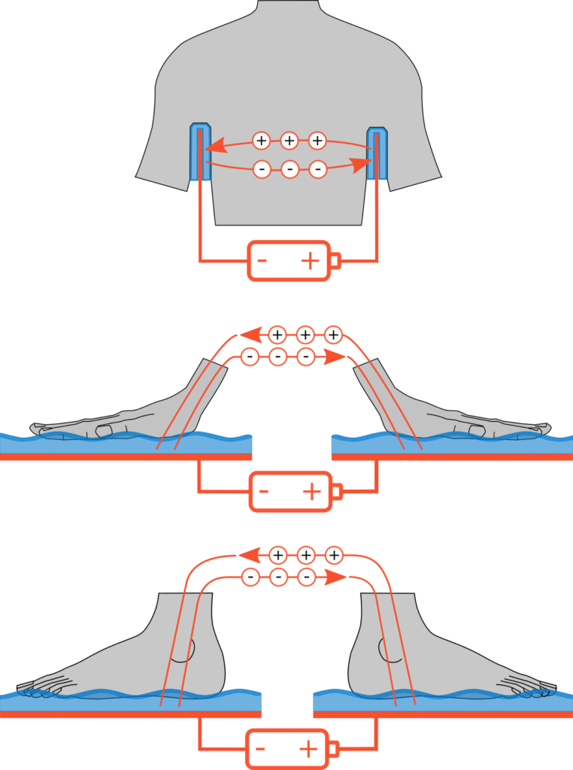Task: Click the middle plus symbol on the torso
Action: pyautogui.click(x=290, y=140)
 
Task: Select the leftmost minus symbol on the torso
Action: pyautogui.click(x=261, y=169)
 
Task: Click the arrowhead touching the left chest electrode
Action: pyautogui.click(x=213, y=147)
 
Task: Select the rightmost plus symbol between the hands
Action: pyautogui.click(x=333, y=335)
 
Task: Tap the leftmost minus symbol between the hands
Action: pyautogui.click(x=250, y=356)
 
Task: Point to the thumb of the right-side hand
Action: pyautogui.click(x=475, y=429)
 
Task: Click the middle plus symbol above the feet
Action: pyautogui.click(x=305, y=556)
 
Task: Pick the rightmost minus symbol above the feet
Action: pyautogui.click(x=305, y=577)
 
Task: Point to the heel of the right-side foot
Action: pyautogui.click(x=361, y=677)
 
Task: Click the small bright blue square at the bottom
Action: pyautogui.click(x=274, y=718)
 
